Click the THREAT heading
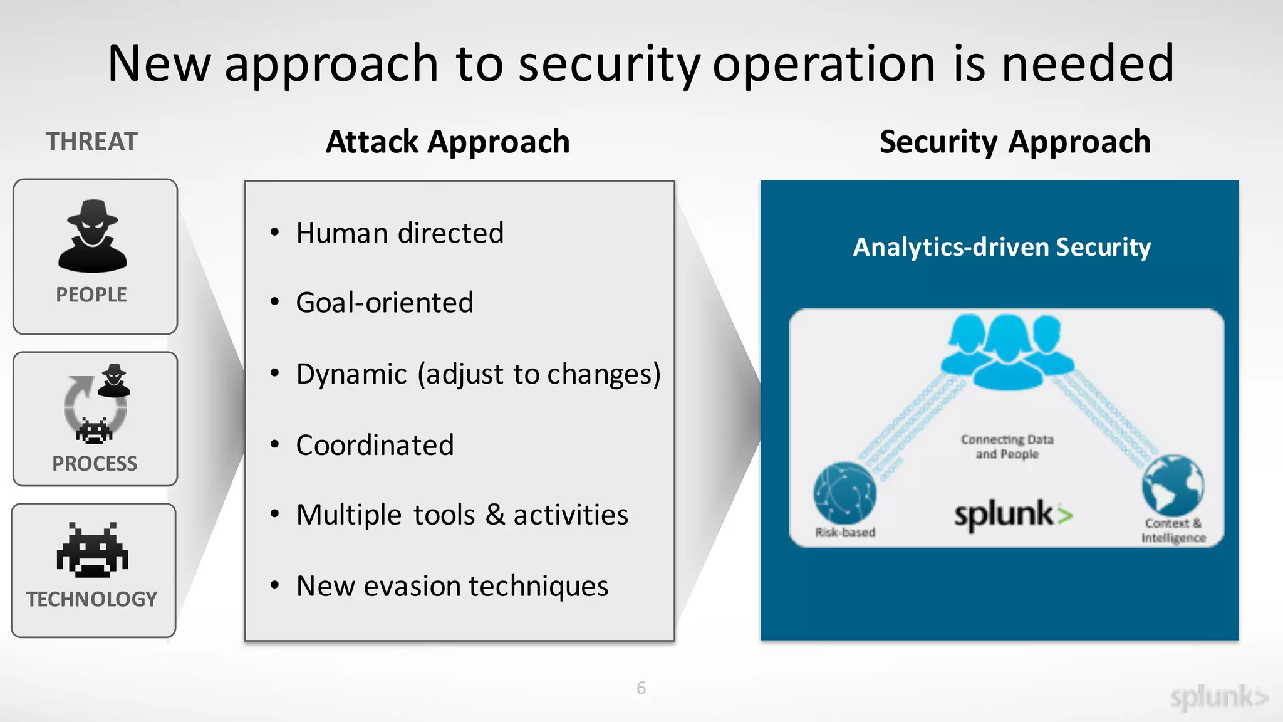pyautogui.click(x=91, y=142)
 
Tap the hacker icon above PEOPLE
pyautogui.click(x=93, y=236)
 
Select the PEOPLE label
pyautogui.click(x=91, y=295)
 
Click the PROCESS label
pyautogui.click(x=95, y=464)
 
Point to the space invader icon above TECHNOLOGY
pyautogui.click(x=93, y=550)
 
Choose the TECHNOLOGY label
pyautogui.click(x=92, y=599)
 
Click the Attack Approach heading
pyautogui.click(x=448, y=142)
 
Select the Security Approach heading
pyautogui.click(x=1015, y=142)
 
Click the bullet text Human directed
pyautogui.click(x=400, y=233)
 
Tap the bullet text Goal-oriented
pyautogui.click(x=385, y=303)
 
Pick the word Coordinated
pyautogui.click(x=375, y=445)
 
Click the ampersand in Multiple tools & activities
pyautogui.click(x=495, y=515)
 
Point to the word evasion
pyautogui.click(x=413, y=586)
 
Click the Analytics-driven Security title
pyautogui.click(x=1002, y=247)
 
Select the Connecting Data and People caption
pyautogui.click(x=1007, y=447)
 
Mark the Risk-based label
pyautogui.click(x=845, y=533)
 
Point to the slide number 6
pyautogui.click(x=641, y=688)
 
